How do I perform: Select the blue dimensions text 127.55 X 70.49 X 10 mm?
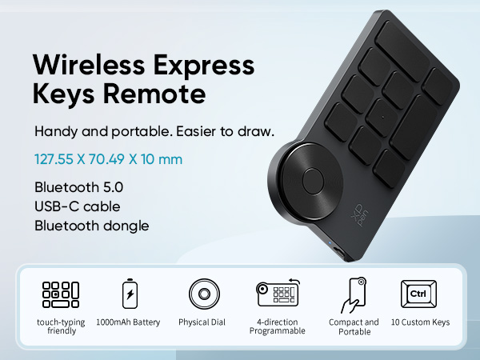[109, 159]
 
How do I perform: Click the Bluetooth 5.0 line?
[78, 187]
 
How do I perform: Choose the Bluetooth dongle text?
[92, 225]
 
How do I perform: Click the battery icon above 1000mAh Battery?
[128, 294]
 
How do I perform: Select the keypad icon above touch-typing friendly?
[61, 294]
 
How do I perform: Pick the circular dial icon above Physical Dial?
[204, 294]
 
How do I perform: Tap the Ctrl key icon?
[418, 294]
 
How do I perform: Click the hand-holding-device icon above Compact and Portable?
[353, 294]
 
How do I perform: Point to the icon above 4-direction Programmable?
[277, 294]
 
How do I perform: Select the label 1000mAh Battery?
[128, 322]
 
